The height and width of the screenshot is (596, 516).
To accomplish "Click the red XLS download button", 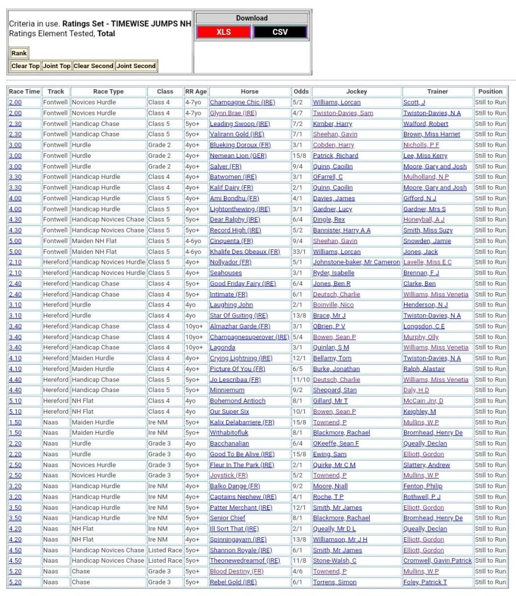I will [224, 32].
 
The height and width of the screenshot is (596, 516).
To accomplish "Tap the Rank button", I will [19, 53].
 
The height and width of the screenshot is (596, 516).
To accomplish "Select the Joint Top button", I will [57, 66].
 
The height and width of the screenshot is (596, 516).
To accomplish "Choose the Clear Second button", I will [93, 66].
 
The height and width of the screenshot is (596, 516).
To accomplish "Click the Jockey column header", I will [356, 91].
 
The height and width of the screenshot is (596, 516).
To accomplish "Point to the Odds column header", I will [301, 91].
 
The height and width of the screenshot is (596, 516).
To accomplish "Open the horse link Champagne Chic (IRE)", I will [242, 103].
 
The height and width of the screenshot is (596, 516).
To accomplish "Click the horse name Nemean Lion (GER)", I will [238, 156].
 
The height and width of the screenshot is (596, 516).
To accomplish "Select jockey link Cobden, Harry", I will [333, 145].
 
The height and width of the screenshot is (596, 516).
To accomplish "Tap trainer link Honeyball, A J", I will [423, 220].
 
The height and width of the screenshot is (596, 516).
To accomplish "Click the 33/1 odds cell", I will [301, 252].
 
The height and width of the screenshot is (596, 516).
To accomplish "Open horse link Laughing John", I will [231, 305].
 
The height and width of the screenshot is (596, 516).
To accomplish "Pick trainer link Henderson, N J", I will [426, 305].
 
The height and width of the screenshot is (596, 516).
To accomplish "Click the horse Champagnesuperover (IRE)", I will [249, 337].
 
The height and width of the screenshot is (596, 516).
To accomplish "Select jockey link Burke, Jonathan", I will [336, 369].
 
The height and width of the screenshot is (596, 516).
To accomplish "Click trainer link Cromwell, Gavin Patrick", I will [437, 560].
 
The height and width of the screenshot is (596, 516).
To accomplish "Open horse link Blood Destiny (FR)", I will [237, 572].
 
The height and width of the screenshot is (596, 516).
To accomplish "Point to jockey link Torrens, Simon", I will [335, 582].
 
